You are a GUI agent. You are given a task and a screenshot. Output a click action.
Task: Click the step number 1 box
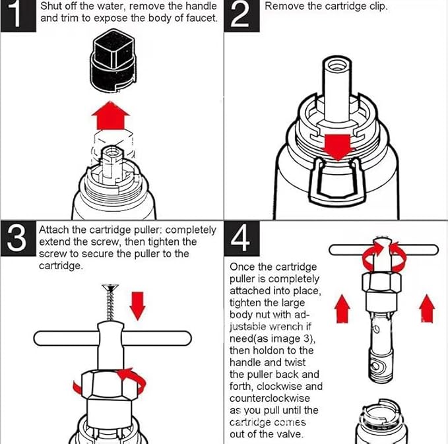coord(16,16)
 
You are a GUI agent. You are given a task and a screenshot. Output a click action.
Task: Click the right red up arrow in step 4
coord(427,308)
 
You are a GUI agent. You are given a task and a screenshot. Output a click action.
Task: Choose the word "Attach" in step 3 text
coord(53,230)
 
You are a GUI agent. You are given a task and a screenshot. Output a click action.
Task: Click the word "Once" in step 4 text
coord(241,267)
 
